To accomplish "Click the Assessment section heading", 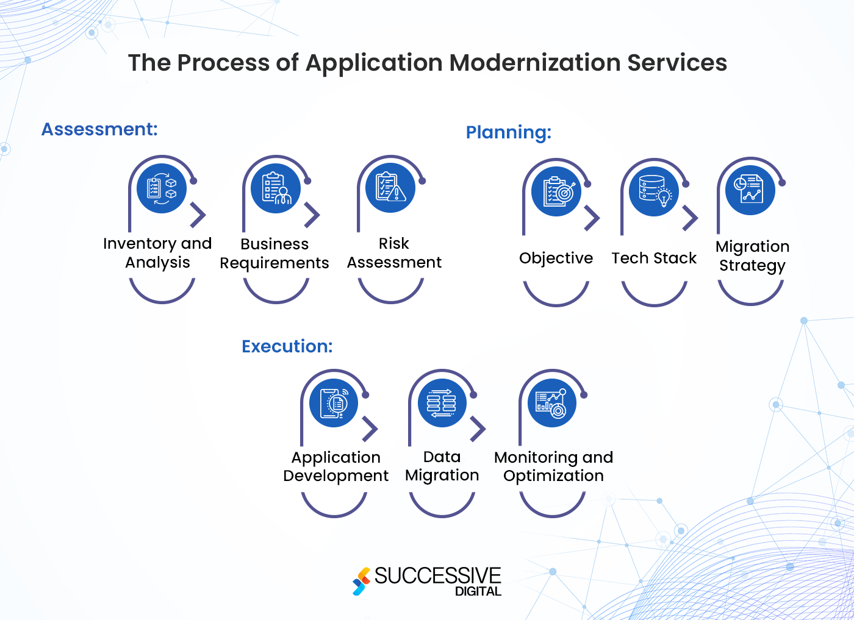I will [99, 129].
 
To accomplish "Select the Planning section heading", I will [508, 132].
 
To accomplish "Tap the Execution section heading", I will [287, 346].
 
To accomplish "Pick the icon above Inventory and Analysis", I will [162, 188].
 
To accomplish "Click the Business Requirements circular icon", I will [276, 188].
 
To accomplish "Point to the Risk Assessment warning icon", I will [390, 188].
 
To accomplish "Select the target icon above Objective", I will [556, 191].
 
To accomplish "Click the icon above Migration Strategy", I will [750, 190].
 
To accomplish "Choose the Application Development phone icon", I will [334, 403].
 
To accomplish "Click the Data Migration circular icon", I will [442, 403].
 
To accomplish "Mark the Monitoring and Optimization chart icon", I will [552, 403].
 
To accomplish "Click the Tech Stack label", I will [654, 258].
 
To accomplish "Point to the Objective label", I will [556, 258].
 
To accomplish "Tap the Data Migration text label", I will [442, 466].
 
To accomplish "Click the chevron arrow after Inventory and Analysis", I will [198, 215].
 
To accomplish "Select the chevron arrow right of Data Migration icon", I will [478, 429].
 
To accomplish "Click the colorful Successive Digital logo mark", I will [361, 581].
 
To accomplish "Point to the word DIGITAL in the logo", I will [478, 591].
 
